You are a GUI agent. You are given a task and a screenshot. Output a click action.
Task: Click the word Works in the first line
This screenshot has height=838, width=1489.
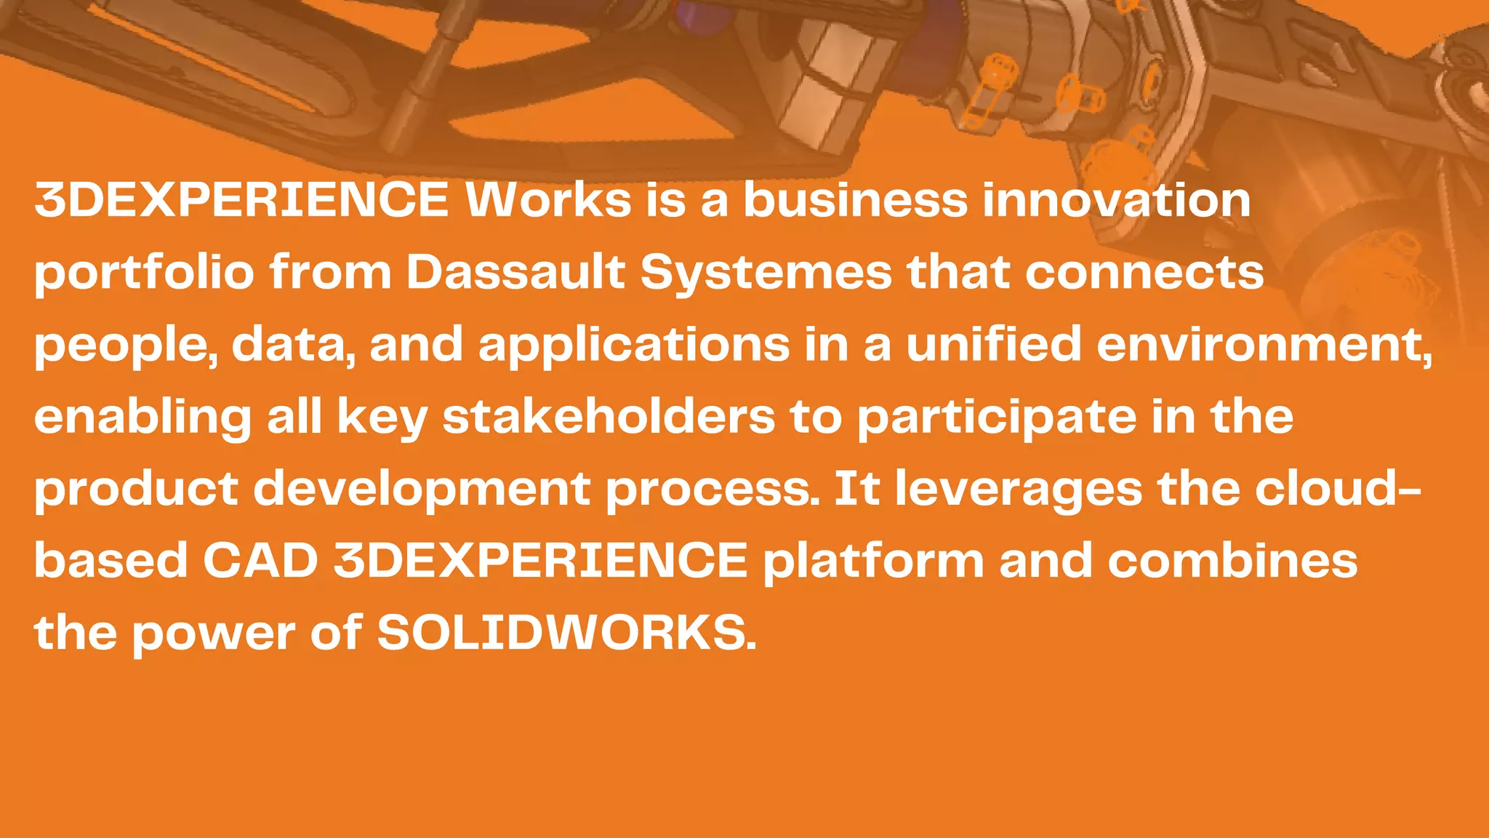(x=549, y=199)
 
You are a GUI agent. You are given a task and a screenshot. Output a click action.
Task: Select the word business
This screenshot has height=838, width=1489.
(x=855, y=199)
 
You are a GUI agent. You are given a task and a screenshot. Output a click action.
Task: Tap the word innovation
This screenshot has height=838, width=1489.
(x=1117, y=199)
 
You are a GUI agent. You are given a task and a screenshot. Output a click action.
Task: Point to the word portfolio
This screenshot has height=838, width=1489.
(x=144, y=274)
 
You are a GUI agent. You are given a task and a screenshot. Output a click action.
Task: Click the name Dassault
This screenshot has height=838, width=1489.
(x=515, y=272)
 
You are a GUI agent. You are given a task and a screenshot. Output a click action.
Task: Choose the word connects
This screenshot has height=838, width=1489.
(x=1144, y=272)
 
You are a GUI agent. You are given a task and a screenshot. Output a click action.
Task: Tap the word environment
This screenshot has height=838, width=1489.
(x=1261, y=345)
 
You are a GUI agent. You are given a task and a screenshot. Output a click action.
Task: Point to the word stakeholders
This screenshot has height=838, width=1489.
(x=609, y=416)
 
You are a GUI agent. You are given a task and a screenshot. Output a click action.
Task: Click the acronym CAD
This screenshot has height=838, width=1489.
(x=260, y=561)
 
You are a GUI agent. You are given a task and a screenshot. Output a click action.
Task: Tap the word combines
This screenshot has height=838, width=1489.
(x=1232, y=561)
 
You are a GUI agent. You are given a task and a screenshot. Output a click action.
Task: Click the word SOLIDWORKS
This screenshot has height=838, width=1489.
(x=566, y=632)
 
